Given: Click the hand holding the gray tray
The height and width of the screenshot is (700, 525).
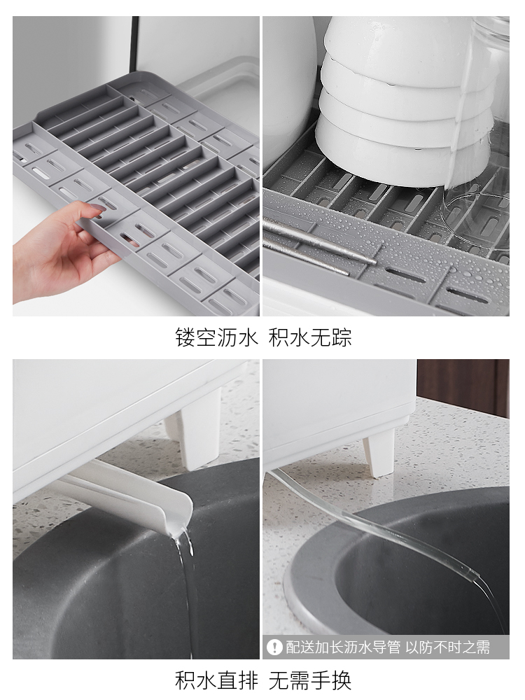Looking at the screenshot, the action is tap(62, 250).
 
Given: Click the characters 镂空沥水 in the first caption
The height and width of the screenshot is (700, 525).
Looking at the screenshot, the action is tap(216, 337).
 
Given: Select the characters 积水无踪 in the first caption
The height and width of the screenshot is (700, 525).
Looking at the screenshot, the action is tap(310, 337).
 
